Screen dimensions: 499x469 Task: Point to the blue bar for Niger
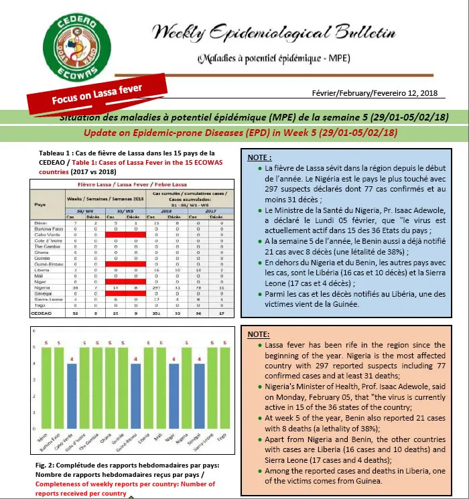tap(174, 401)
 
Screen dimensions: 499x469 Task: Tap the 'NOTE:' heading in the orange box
tap(259, 333)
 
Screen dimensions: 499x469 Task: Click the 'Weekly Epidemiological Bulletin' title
tap(273, 32)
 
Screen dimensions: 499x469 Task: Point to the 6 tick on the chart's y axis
tap(36, 330)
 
